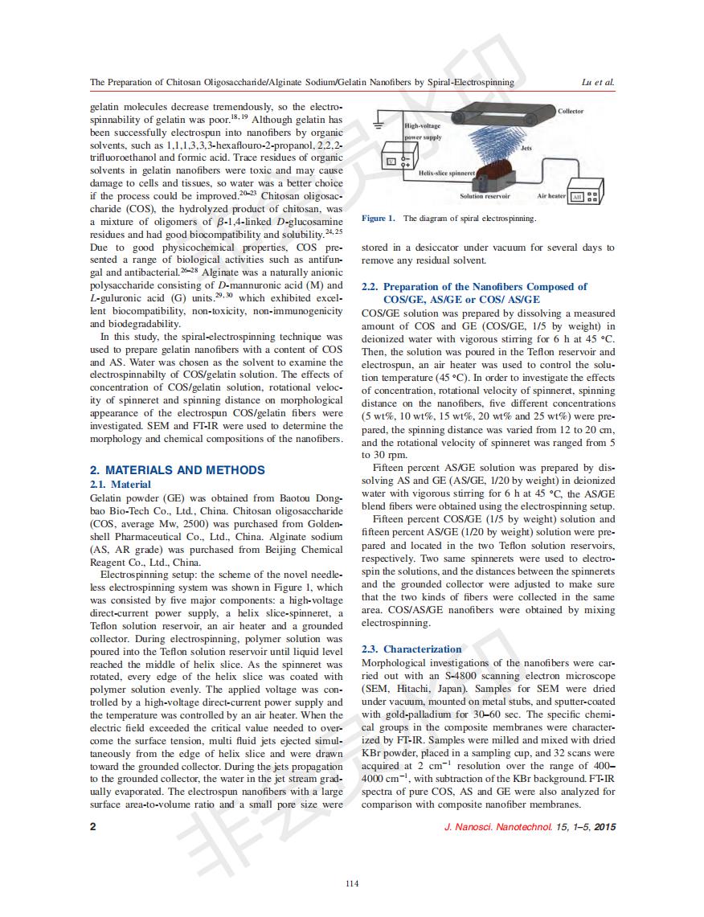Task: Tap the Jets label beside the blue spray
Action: pos(526,148)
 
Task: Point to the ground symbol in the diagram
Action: pos(377,121)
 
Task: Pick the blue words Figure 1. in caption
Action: pos(379,219)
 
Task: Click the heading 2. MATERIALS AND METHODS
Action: pos(177,470)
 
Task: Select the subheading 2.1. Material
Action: pos(120,485)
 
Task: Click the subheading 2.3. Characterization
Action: pos(412,649)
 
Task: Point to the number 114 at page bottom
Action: pos(351,884)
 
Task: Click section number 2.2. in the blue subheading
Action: pos(370,287)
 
